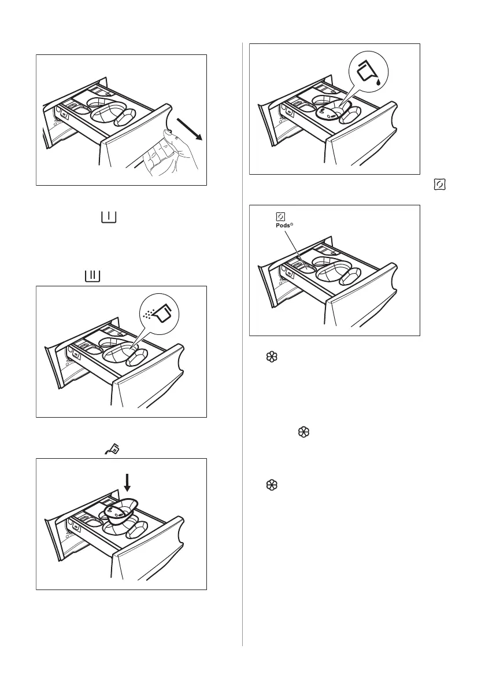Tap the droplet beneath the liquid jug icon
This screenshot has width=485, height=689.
378,82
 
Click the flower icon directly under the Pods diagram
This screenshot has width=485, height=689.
268,359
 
